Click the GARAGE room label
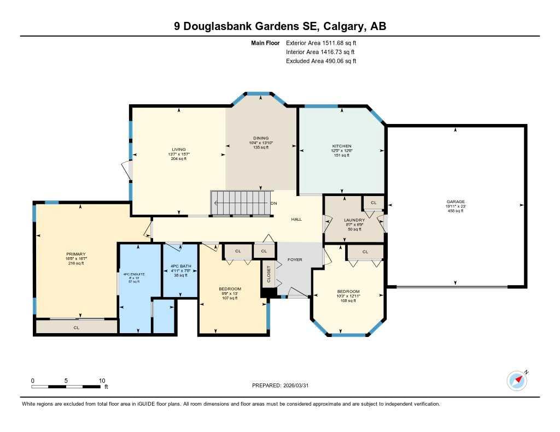point(455,202)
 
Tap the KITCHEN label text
point(341,146)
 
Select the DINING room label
point(260,138)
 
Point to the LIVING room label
point(178,149)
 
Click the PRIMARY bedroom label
point(75,254)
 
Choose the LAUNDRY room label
point(354,220)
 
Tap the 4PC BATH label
point(180,266)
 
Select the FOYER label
point(295,259)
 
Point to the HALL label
point(296,219)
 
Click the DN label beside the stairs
point(274,203)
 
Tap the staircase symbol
point(241,203)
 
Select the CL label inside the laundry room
point(374,203)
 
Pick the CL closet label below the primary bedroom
point(77,327)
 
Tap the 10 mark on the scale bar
point(101,380)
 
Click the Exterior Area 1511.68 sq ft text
point(321,43)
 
